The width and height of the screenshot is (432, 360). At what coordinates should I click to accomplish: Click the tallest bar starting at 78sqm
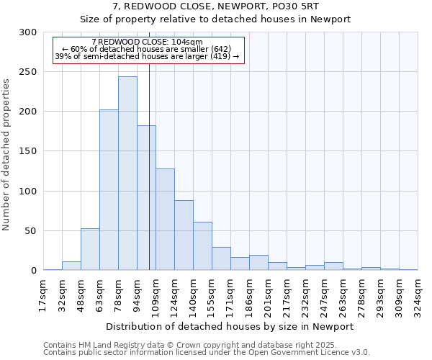coord(127,174)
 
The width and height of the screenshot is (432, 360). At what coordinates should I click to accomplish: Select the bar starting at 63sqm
coord(109,190)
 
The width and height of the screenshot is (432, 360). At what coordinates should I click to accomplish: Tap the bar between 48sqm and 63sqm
coord(90,249)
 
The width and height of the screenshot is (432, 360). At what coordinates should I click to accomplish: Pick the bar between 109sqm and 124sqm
coord(165,220)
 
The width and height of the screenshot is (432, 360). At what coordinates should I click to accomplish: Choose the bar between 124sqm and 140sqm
coord(184,235)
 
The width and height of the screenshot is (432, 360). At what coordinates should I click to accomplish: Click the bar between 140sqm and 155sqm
coord(202,246)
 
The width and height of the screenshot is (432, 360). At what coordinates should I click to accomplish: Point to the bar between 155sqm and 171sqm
coord(221,258)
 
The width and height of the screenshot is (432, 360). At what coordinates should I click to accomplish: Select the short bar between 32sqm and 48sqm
coord(71,266)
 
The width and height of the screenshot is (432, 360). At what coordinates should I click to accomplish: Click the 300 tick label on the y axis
coord(28,32)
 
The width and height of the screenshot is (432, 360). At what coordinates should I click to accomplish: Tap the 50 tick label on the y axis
coord(31,231)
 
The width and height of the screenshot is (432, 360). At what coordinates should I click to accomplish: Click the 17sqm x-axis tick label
coord(44,295)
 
